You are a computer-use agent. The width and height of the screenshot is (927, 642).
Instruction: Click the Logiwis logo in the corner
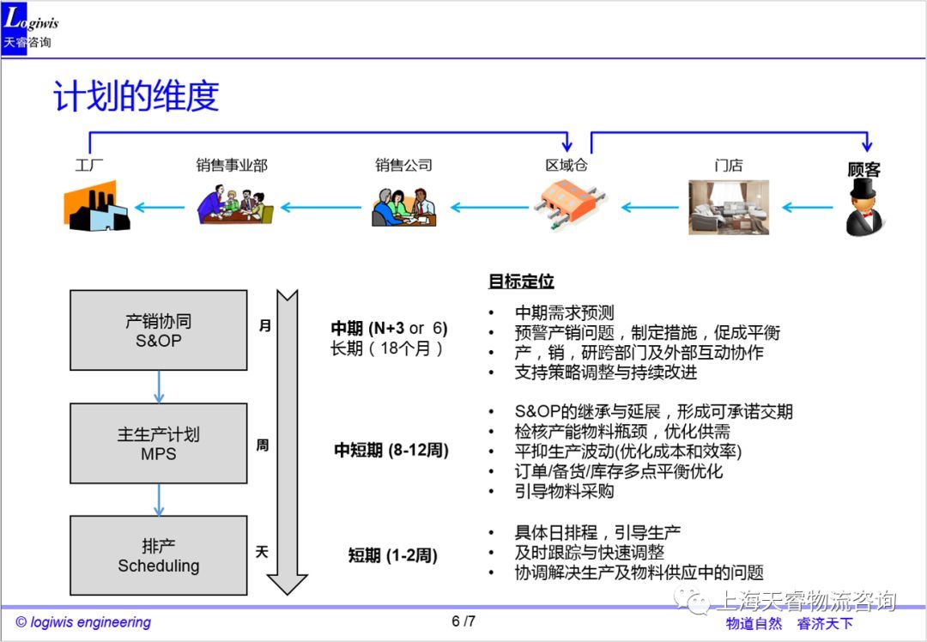click(29, 28)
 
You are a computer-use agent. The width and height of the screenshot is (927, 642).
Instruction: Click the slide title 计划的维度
click(136, 96)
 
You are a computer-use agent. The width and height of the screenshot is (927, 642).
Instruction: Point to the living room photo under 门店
click(728, 207)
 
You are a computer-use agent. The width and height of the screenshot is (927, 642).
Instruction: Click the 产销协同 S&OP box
click(158, 330)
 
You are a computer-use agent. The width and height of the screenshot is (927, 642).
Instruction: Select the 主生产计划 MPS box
click(158, 444)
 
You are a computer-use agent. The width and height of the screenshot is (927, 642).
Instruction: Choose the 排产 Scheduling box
click(158, 555)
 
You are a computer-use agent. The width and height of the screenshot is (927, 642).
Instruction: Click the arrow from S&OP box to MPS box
click(158, 387)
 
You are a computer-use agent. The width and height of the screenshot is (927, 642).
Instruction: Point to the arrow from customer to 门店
click(808, 207)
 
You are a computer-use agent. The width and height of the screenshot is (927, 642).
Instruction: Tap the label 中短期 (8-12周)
click(391, 450)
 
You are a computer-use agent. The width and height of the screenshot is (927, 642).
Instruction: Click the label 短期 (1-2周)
click(392, 555)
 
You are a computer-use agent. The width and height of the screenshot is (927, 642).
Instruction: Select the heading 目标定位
click(521, 282)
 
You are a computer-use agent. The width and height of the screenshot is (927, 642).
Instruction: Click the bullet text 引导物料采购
click(564, 491)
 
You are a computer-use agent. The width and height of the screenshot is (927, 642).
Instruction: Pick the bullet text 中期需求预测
click(564, 312)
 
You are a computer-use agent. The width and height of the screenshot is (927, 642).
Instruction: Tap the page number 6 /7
click(463, 621)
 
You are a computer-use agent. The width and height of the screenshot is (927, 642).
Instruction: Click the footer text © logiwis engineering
click(83, 622)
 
